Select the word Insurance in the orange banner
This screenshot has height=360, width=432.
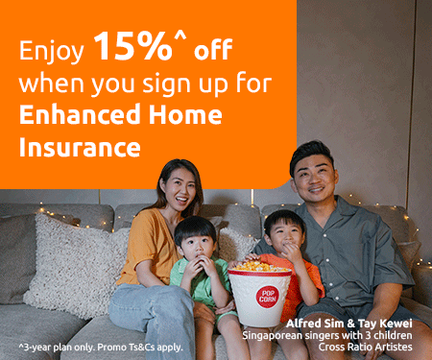(80, 147)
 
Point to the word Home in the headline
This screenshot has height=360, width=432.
(187, 115)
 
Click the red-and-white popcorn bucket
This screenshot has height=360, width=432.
(259, 293)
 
